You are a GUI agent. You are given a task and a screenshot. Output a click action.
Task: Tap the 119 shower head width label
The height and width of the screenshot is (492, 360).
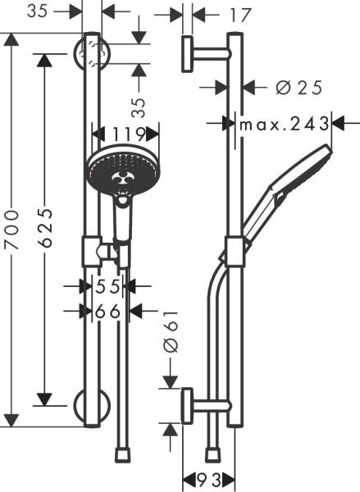(125, 133)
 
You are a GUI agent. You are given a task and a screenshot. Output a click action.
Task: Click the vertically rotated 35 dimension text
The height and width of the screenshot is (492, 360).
(139, 105)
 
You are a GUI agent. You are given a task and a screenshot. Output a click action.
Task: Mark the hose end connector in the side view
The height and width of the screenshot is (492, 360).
(213, 453)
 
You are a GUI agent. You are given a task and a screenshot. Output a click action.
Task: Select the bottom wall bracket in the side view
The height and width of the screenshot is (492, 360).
(189, 406)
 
